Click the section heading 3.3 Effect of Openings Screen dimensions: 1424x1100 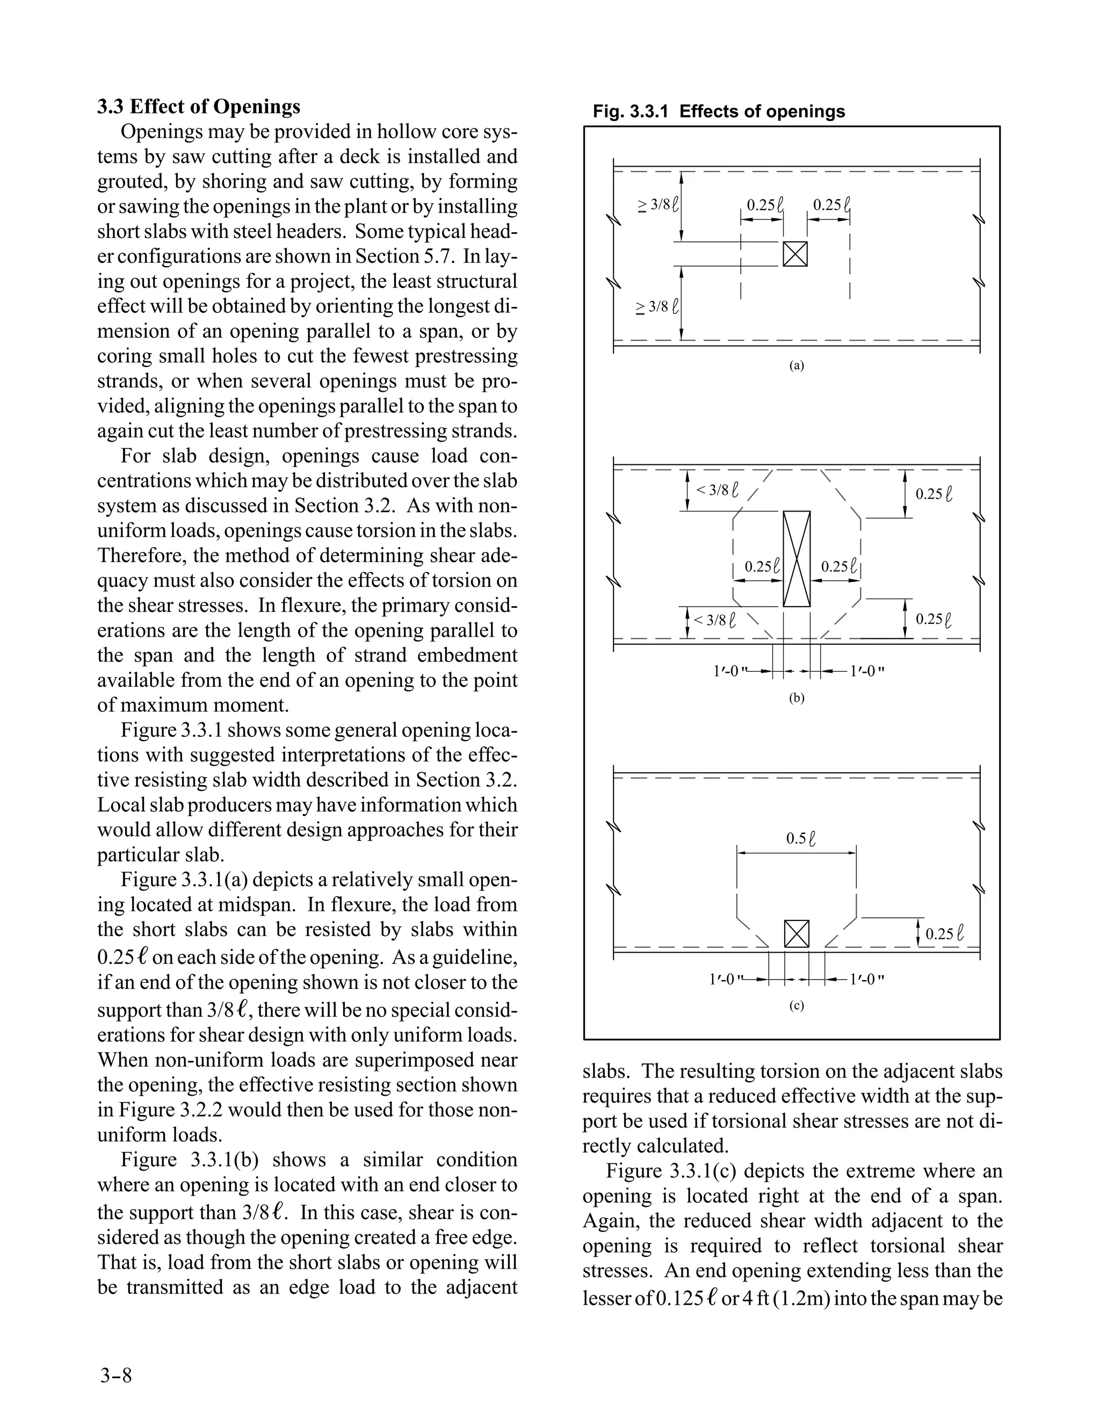click(x=199, y=106)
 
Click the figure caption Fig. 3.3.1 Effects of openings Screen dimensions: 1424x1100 click(x=718, y=111)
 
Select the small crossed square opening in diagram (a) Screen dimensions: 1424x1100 click(x=795, y=254)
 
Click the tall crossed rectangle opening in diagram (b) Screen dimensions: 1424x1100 click(x=797, y=559)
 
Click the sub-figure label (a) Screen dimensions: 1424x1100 click(x=797, y=366)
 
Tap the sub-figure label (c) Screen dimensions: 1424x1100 click(x=797, y=1005)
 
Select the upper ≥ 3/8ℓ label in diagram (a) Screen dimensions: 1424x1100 click(x=657, y=205)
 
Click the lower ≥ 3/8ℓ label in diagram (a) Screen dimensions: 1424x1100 click(x=657, y=306)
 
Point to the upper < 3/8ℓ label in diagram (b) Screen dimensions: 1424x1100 click(x=718, y=490)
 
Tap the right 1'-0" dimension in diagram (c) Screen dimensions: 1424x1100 click(x=867, y=979)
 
